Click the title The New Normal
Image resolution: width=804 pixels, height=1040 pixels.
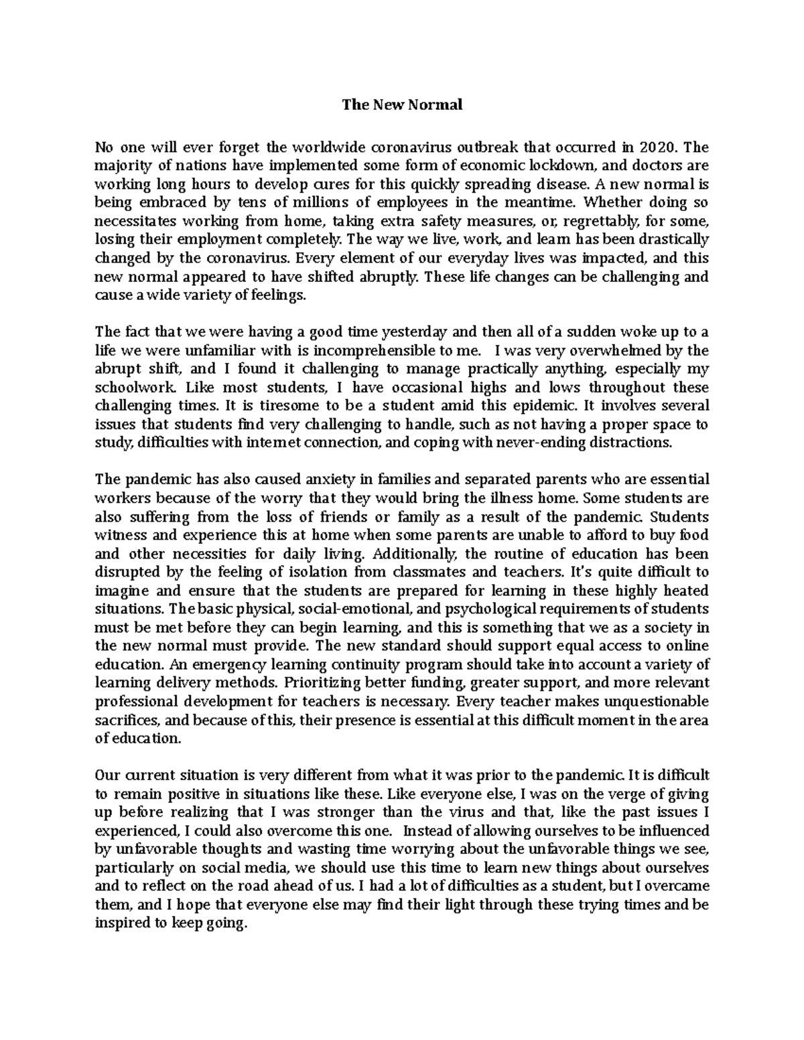402,104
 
